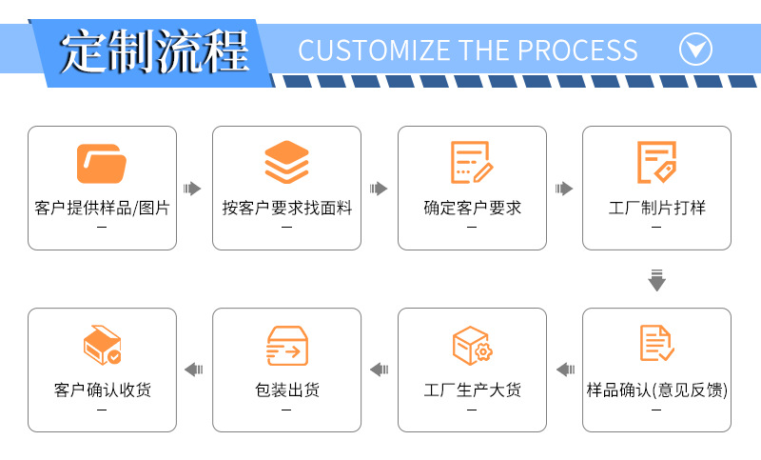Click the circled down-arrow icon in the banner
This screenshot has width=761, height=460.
pos(696,49)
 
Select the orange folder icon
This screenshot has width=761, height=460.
pos(102,163)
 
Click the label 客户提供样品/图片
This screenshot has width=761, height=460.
pos(102,208)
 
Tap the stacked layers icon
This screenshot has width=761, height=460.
pos(286,163)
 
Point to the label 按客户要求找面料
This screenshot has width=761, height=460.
pos(286,208)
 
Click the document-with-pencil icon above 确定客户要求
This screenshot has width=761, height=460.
pos(472,163)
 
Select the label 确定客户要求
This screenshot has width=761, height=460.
pos(472,208)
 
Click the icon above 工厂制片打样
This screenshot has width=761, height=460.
pos(656,163)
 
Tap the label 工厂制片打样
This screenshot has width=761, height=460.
pos(656,208)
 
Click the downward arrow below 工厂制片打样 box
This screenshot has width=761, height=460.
pos(656,280)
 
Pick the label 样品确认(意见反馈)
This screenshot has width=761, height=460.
pos(656,390)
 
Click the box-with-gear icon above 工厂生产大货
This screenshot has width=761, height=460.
pos(472,346)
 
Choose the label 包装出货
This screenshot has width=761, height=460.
pos(286,390)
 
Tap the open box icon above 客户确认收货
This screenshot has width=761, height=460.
pos(102,346)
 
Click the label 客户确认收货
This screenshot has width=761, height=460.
pos(102,390)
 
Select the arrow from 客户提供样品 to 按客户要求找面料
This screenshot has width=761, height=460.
pos(193,189)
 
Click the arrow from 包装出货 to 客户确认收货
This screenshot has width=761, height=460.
pos(194,370)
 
